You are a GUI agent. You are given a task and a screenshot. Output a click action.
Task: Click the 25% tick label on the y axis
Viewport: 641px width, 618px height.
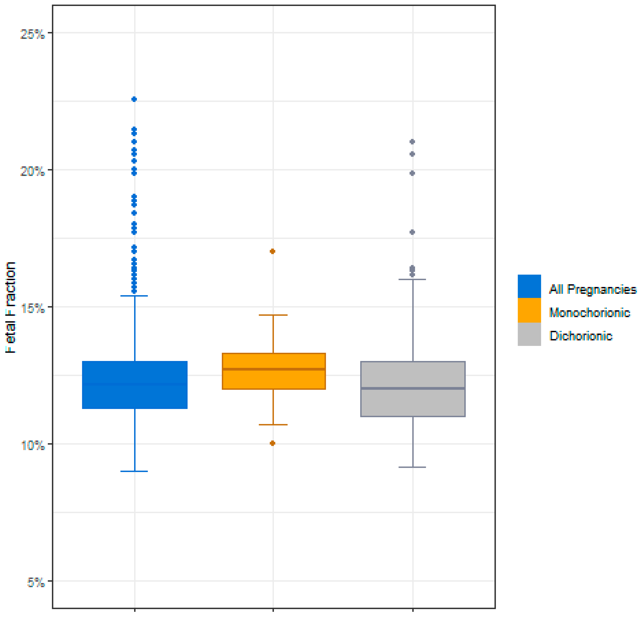click(32, 34)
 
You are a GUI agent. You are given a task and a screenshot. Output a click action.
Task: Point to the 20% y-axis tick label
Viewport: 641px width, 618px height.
click(32, 171)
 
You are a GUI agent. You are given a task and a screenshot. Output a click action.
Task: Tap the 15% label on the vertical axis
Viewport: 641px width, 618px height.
click(32, 308)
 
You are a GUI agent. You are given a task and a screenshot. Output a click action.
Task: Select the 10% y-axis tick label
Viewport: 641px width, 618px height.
click(32, 446)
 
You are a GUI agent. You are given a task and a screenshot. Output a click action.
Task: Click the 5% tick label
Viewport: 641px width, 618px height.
click(35, 583)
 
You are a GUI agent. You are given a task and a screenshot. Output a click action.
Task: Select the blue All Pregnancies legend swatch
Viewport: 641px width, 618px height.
click(529, 286)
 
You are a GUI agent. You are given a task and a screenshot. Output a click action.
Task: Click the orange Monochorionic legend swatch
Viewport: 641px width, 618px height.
click(529, 310)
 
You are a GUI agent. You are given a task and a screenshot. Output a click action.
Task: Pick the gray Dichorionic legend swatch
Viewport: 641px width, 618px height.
click(529, 334)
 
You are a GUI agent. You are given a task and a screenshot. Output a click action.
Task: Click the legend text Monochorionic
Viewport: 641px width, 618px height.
click(589, 313)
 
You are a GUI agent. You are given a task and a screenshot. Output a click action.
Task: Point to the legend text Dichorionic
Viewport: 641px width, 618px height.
click(581, 336)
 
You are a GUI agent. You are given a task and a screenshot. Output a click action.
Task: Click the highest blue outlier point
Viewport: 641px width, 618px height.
click(134, 99)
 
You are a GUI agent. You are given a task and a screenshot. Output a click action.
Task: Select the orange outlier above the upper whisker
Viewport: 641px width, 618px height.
click(272, 251)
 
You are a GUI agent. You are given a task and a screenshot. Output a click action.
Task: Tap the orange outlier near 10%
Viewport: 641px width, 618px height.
click(272, 443)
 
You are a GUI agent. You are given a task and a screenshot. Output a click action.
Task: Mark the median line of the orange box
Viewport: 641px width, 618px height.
click(274, 369)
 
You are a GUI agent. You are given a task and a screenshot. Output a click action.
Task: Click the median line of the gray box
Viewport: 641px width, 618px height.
click(413, 388)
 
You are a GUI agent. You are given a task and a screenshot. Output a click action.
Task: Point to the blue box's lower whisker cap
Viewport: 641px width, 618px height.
click(134, 471)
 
